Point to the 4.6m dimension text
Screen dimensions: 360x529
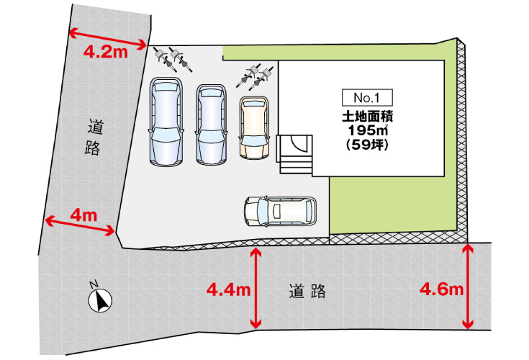[x=440, y=290]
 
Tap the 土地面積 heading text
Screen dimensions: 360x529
[x=371, y=115]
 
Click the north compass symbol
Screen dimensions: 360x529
[x=100, y=297]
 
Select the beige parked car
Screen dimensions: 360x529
[x=253, y=127]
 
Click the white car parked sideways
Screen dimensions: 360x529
[x=279, y=211]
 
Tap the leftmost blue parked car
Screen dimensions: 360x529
[x=165, y=122]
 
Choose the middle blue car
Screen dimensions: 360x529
[x=211, y=125]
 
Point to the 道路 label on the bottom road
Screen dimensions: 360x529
[x=308, y=292]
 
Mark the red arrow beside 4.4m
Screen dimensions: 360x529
[x=256, y=288]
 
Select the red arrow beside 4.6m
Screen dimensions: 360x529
[x=469, y=286]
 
